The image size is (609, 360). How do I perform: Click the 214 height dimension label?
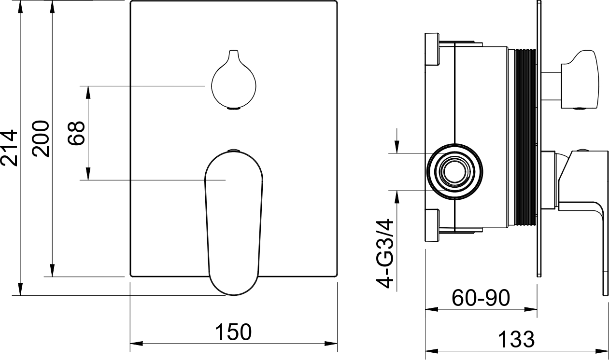click(9, 148)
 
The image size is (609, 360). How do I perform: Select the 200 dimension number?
click(41, 138)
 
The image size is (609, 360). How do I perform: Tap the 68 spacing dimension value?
click(76, 133)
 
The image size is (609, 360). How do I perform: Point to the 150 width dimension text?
click(233, 332)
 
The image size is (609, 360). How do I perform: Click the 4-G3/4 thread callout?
click(385, 254)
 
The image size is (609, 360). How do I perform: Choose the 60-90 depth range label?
click(481, 298)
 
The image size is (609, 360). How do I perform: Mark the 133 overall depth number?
click(516, 339)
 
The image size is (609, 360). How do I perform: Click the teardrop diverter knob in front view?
click(234, 80)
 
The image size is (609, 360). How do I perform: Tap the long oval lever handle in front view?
click(234, 223)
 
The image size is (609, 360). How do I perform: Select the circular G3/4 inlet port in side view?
click(454, 172)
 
